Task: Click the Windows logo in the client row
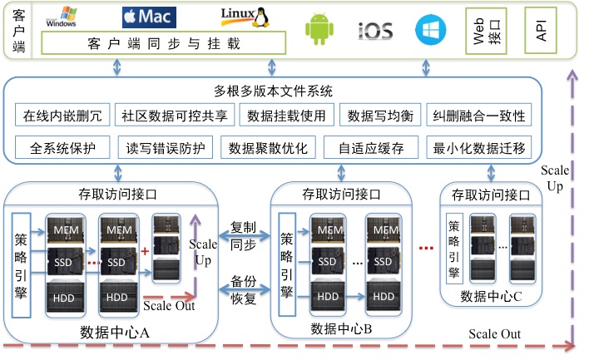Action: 62,17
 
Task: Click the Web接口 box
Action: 485,30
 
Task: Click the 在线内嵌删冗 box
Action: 62,116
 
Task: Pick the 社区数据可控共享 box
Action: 174,116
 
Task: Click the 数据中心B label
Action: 344,328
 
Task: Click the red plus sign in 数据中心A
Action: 145,250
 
